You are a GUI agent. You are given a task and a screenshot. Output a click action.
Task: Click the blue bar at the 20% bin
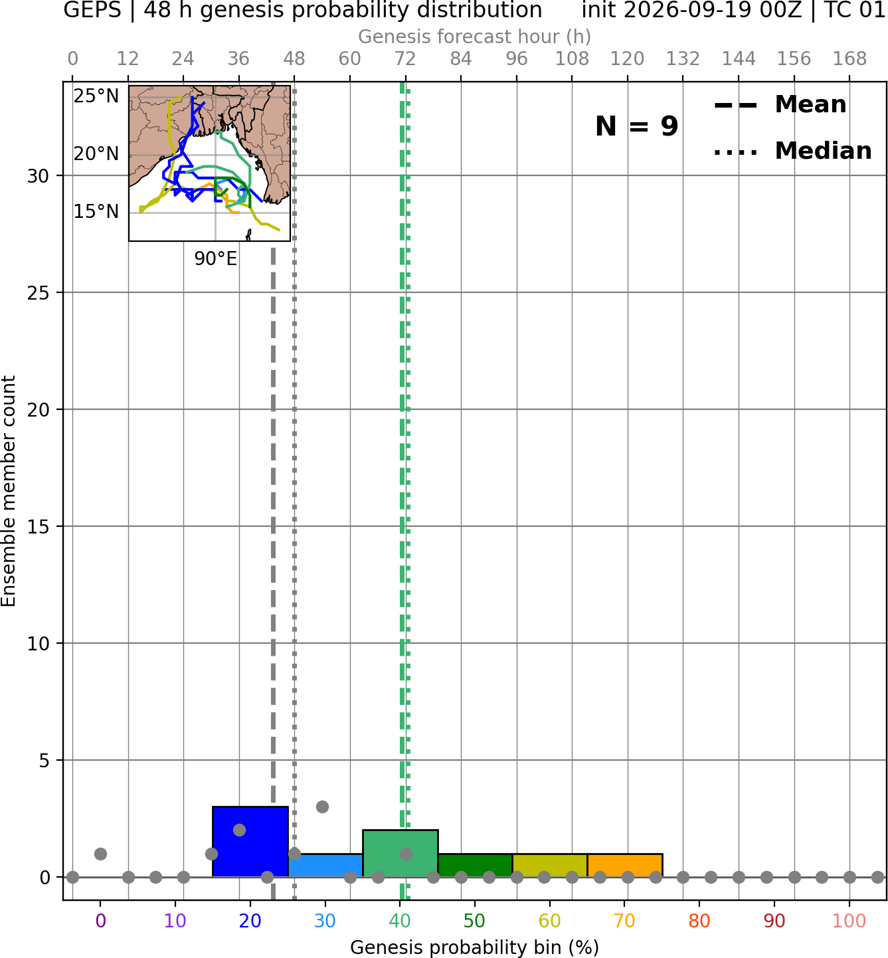click(x=250, y=841)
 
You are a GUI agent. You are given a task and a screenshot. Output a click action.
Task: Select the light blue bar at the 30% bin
click(x=325, y=866)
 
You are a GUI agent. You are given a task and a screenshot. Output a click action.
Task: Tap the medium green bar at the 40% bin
click(x=400, y=853)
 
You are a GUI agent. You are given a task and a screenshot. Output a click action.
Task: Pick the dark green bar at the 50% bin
click(x=475, y=866)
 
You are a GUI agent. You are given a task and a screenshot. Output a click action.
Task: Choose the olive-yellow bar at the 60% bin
click(x=550, y=866)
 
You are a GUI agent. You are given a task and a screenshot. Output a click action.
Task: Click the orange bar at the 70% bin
click(x=625, y=866)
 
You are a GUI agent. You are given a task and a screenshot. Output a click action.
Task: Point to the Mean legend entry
click(x=780, y=105)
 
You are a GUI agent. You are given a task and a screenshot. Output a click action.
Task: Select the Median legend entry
click(x=793, y=151)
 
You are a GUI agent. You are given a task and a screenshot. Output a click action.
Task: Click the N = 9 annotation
click(x=637, y=126)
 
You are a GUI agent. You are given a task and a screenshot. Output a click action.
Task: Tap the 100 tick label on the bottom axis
click(x=849, y=921)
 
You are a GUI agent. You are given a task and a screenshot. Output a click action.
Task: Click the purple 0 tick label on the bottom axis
click(x=100, y=921)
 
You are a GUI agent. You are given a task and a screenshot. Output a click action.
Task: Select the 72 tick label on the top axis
click(x=405, y=59)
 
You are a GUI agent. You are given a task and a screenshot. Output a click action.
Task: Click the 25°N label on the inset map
click(x=96, y=96)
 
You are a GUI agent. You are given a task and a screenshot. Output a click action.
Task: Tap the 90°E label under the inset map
click(x=216, y=259)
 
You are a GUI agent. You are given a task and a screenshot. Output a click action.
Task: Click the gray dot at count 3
click(x=322, y=807)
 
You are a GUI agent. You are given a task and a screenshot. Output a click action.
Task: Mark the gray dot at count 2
click(x=239, y=830)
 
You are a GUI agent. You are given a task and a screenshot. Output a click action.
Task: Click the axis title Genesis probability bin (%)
click(x=475, y=947)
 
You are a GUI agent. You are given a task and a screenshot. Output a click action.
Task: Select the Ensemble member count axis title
click(x=9, y=491)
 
